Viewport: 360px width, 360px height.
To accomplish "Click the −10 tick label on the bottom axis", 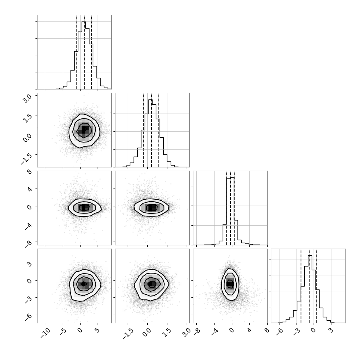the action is click(x=45, y=333).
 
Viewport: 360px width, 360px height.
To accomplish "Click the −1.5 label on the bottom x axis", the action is click(x=128, y=334).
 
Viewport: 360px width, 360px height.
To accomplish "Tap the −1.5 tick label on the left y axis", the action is click(x=26, y=158).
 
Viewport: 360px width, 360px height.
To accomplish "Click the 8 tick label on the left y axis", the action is click(x=30, y=172).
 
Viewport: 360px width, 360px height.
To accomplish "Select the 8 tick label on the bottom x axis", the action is click(x=267, y=330).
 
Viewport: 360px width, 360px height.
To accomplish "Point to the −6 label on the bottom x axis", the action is click(x=279, y=331).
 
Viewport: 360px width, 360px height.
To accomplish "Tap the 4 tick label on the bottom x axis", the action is click(x=249, y=330).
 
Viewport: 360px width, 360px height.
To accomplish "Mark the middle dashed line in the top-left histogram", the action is click(x=84, y=52).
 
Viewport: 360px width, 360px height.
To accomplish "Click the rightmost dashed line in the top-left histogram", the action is click(x=91, y=52).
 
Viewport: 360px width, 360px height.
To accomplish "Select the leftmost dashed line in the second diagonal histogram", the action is click(x=143, y=130).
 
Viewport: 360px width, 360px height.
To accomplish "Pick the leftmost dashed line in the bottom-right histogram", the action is click(x=301, y=286).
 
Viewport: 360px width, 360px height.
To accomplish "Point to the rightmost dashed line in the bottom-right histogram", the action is click(x=316, y=286).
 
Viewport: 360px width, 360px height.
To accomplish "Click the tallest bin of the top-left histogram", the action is click(x=84, y=55).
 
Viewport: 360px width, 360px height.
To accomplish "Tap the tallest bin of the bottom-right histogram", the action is click(x=310, y=289).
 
